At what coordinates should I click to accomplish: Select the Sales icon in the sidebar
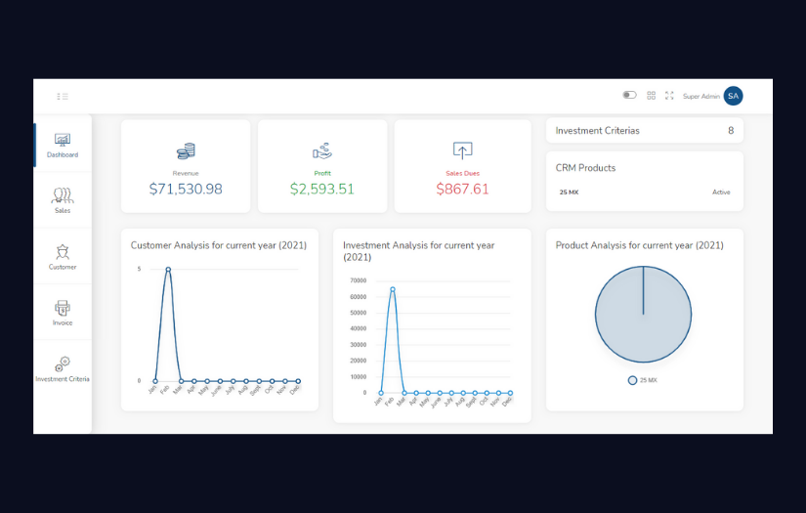coord(63,199)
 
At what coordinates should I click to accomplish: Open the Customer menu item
coord(63,256)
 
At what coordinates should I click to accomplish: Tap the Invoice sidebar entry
coord(63,312)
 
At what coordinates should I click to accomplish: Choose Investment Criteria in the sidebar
coord(63,368)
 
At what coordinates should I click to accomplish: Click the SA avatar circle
coord(733,96)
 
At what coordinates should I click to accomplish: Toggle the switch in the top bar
coord(629,96)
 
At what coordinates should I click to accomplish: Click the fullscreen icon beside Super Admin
coord(669,96)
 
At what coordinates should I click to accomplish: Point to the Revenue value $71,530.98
coord(186,189)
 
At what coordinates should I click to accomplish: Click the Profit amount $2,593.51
coord(322,189)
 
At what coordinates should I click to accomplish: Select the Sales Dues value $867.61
coord(462,189)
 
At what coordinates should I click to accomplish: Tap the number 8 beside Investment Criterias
coord(731,130)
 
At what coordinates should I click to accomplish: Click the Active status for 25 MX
coord(721,192)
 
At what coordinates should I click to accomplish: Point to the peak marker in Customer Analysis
coord(168,269)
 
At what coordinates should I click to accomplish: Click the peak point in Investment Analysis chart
coord(393,289)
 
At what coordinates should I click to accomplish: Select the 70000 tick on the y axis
coord(357,280)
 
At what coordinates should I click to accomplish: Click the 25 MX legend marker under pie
coord(632,380)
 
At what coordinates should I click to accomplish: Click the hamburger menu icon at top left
coord(63,96)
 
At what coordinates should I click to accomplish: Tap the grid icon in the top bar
coord(652,96)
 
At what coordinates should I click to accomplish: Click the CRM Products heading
coord(585,168)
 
